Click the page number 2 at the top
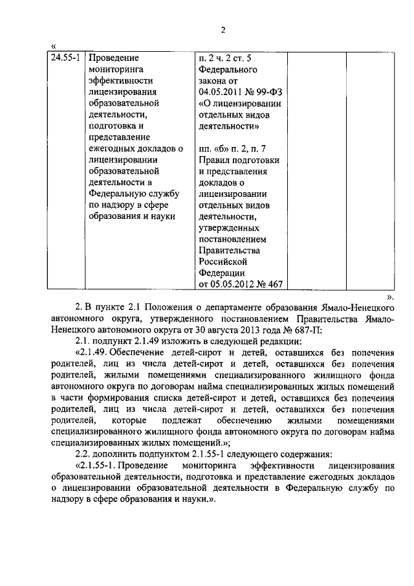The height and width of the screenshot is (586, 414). (x=222, y=30)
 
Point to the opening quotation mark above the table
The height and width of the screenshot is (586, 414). (x=53, y=46)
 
